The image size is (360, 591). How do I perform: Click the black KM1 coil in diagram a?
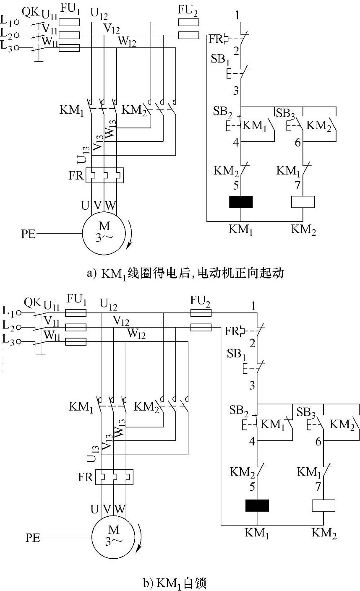(x=241, y=202)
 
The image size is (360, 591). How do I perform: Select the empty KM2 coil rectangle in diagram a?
(x=303, y=202)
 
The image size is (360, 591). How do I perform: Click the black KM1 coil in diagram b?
(x=257, y=505)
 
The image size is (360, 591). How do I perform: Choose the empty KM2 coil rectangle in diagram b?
(x=323, y=505)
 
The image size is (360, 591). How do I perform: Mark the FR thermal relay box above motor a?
(x=105, y=175)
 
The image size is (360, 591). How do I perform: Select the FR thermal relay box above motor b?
(x=114, y=477)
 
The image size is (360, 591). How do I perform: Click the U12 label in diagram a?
(x=99, y=15)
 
